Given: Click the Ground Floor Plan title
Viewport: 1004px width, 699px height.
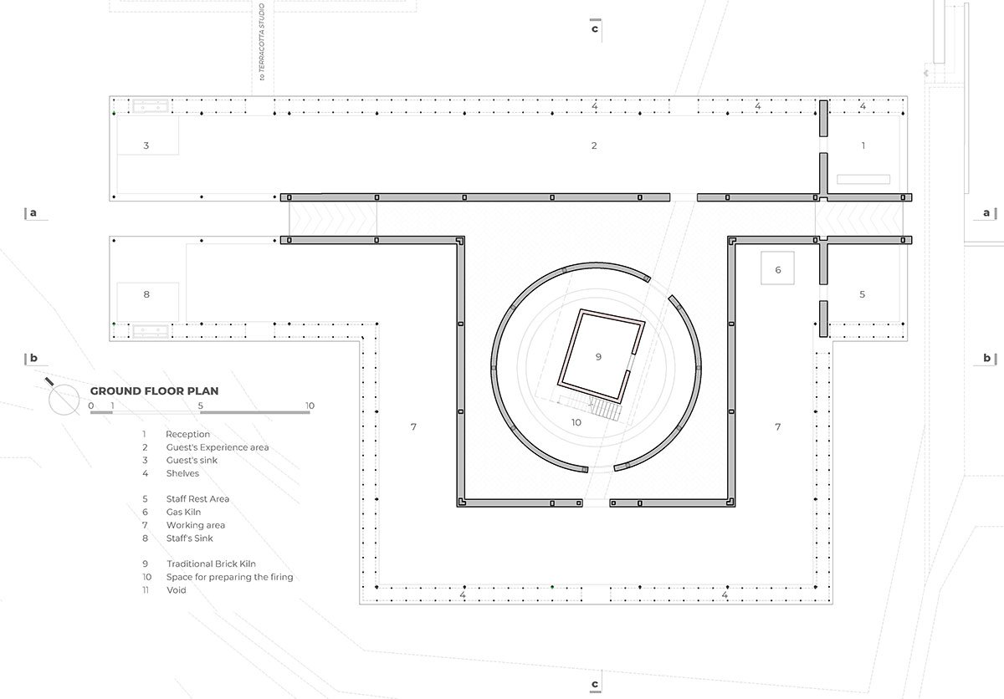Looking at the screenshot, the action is point(154,391).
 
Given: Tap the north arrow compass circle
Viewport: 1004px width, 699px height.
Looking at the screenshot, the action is point(64,400).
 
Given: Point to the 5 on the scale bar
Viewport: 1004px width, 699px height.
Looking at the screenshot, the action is point(200,406).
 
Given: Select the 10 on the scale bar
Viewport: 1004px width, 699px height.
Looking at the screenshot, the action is point(310,406).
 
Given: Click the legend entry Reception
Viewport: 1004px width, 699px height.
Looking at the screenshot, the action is point(187,434).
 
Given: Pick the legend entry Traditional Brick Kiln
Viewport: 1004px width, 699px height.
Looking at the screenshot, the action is point(211,564).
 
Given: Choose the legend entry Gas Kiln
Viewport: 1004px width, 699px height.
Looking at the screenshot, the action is point(184,512).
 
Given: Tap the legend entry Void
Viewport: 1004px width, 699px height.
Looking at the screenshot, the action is point(177,590).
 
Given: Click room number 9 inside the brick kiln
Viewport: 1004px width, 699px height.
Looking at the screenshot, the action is point(598,357).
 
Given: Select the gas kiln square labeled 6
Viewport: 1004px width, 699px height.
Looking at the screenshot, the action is point(777,268).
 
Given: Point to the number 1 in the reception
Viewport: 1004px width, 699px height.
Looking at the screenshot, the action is point(863,145).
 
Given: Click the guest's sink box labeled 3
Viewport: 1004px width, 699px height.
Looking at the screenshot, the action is point(147,135).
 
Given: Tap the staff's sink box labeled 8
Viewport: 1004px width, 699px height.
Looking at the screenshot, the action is point(147,302).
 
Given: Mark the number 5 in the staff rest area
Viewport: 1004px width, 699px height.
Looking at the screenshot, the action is point(863,294).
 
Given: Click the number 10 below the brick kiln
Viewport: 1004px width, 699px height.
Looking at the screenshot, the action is point(576,422).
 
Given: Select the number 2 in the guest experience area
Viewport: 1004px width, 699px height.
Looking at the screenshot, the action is point(594,145).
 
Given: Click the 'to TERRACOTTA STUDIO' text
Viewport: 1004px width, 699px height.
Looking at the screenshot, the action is point(262,42).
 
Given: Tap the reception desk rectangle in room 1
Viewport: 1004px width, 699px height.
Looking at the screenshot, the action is point(863,179).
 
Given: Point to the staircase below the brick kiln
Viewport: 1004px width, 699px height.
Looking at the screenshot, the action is point(591,407).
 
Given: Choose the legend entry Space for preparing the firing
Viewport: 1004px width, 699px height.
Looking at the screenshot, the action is point(229,577).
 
